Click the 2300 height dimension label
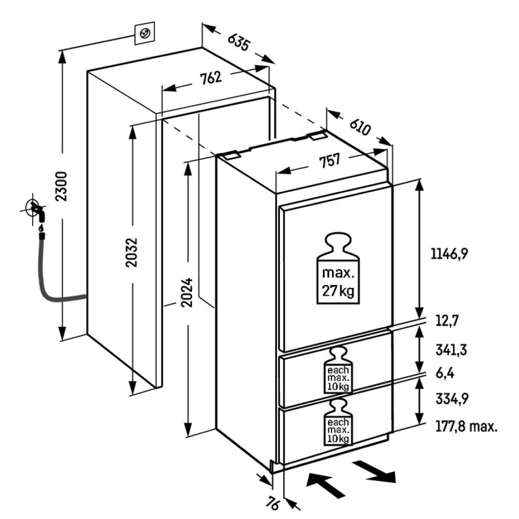coord(62,186)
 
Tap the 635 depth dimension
coord(238,42)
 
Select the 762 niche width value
coord(211,78)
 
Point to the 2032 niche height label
coord(131,252)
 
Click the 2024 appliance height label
coord(187,292)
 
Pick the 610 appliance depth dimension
coord(360,126)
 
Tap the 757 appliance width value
coord(330,160)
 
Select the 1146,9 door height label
coord(449,254)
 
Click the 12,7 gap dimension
coord(447,321)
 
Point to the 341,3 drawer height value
coord(451,350)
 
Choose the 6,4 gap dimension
coord(445,373)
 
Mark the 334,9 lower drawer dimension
coord(452,399)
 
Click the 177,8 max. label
coord(467,426)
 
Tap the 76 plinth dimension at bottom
coord(272,503)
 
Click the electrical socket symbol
coord(145,33)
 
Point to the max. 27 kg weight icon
coord(338,268)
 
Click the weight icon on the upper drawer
coord(338,370)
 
